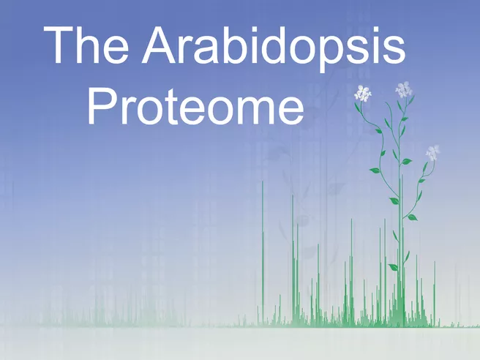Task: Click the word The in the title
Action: [86, 45]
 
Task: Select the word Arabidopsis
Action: [274, 49]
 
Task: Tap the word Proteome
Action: [195, 106]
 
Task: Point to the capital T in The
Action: [59, 45]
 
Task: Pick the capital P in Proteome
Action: [102, 105]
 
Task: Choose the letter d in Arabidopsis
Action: [274, 45]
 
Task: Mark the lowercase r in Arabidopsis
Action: [186, 50]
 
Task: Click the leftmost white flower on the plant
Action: [363, 94]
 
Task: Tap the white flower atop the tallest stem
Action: [404, 89]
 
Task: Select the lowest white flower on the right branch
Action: [433, 153]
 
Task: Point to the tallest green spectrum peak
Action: [263, 253]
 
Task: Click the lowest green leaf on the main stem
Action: [394, 267]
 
